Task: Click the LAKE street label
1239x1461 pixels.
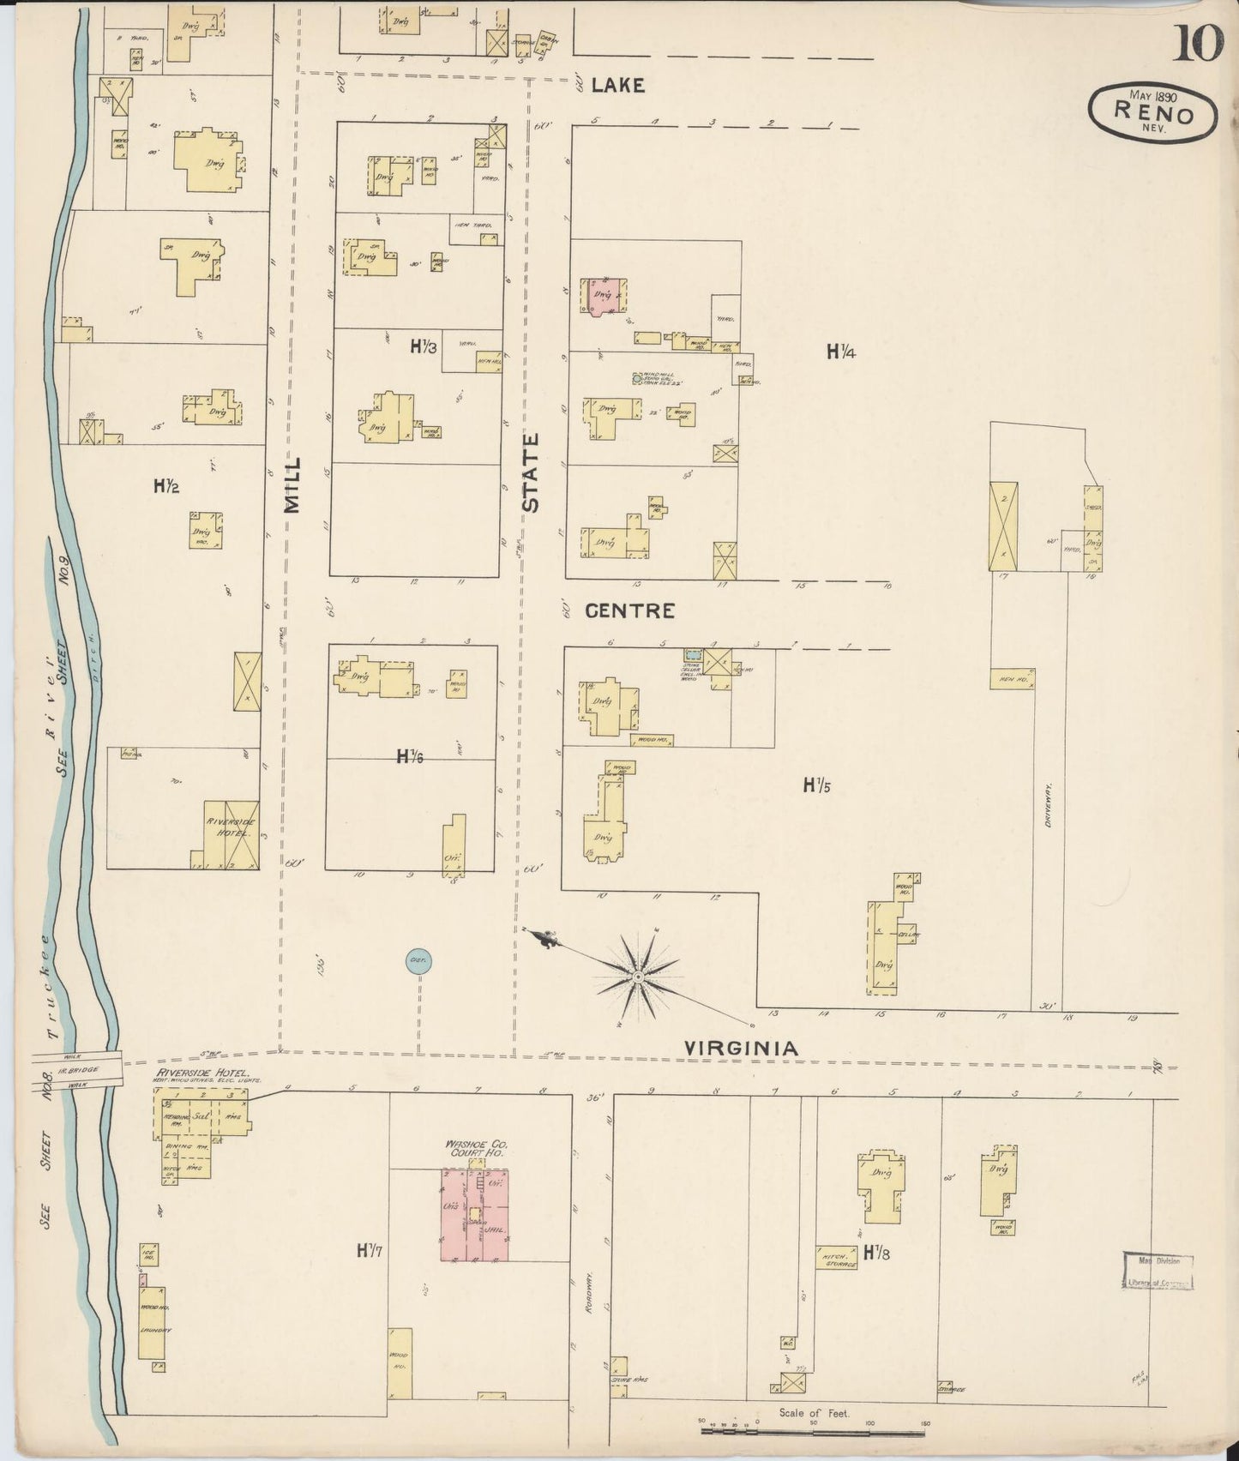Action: click(617, 85)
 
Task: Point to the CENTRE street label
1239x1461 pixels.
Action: click(629, 610)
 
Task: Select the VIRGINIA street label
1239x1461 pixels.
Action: click(741, 1048)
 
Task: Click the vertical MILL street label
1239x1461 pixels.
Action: click(292, 484)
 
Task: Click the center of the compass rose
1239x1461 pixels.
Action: click(638, 977)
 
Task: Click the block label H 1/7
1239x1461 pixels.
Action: click(369, 1250)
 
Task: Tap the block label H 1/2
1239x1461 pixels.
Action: click(165, 486)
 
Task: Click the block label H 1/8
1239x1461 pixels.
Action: click(875, 1252)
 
